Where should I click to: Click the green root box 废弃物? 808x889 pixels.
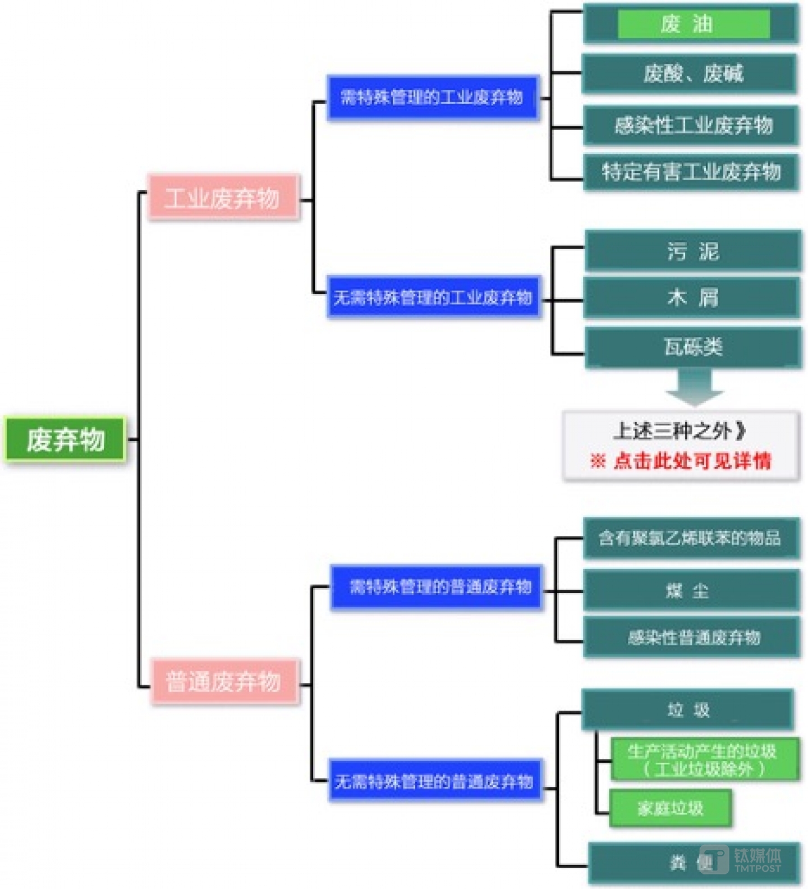pos(65,439)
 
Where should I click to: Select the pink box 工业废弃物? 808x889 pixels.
pos(223,198)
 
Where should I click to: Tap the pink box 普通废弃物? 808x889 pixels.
pos(224,682)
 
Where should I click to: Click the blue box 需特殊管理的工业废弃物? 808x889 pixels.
pos(433,98)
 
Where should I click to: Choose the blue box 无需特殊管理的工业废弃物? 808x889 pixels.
pos(434,297)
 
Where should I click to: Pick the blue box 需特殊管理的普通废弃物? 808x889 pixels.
pos(437,587)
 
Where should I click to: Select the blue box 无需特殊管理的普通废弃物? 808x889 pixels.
pos(435,781)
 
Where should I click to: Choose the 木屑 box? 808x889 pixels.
pos(692,297)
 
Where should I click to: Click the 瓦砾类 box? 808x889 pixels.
pos(693,347)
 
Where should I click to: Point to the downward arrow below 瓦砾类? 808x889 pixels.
pos(695,387)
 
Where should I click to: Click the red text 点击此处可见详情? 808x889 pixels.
pos(692,461)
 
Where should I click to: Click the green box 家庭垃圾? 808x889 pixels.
pos(670,808)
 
